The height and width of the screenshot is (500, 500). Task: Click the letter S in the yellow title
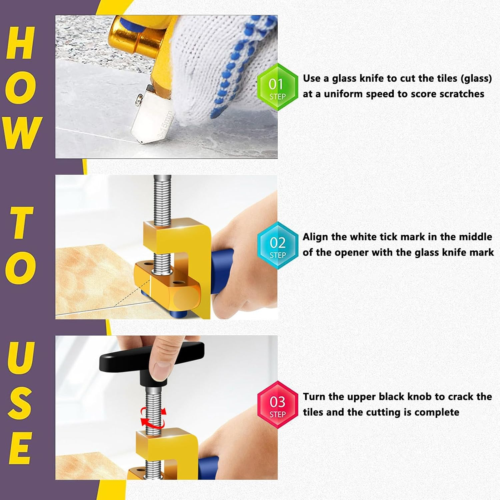[x=21, y=402]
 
